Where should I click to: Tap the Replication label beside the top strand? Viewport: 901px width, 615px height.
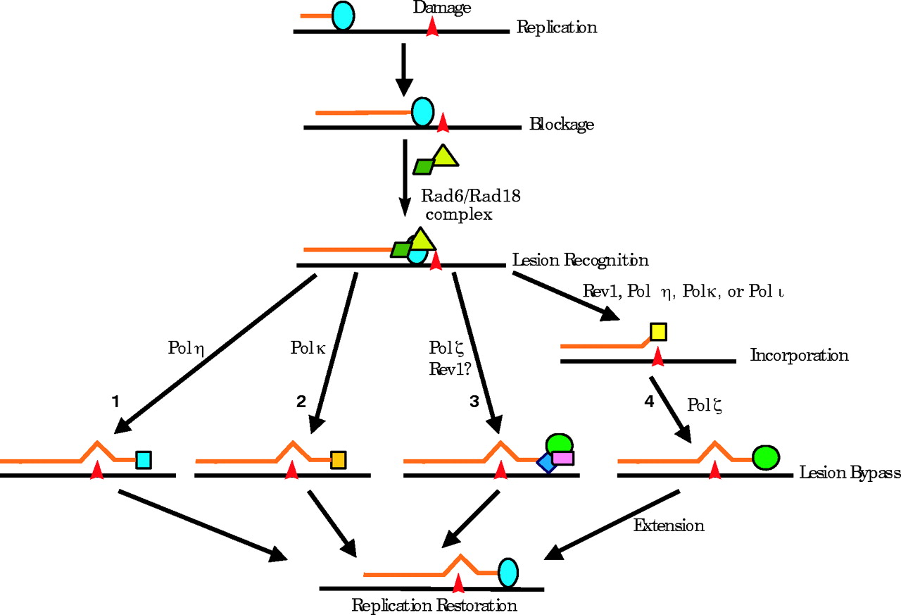coord(556,27)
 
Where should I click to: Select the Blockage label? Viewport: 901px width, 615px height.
coord(561,125)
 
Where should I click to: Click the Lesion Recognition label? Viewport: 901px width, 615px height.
coord(580,260)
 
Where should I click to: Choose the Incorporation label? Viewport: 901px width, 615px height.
coord(799,355)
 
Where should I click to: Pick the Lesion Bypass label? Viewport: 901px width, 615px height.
coord(850,473)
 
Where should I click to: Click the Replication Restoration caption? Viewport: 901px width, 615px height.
coord(434,606)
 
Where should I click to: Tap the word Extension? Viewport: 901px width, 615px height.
coord(668,525)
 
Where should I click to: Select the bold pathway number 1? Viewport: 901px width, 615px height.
coord(115,402)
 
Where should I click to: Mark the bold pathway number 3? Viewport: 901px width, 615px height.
coord(474,402)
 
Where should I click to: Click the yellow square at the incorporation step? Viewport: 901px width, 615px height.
coord(658,331)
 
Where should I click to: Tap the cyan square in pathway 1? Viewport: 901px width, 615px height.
coord(144,460)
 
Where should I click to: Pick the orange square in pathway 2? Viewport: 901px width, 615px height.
coord(338,459)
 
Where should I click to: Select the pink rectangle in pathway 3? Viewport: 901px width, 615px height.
coord(562,458)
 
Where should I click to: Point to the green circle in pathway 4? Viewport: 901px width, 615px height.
coord(766,457)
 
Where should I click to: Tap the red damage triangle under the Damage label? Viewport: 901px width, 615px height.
coord(433,26)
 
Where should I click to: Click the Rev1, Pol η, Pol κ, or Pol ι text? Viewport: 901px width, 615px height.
coord(683,292)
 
